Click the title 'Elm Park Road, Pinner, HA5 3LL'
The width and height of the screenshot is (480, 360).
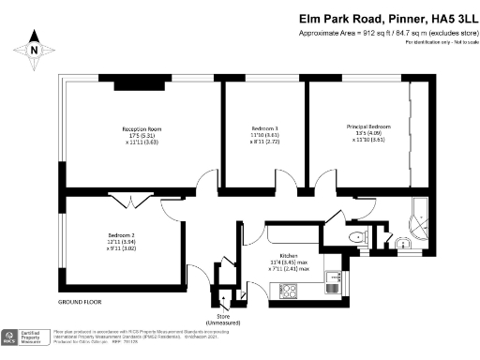pos(387,17)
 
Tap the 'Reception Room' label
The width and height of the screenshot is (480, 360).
pos(142,134)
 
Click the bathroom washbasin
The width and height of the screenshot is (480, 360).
pos(403,246)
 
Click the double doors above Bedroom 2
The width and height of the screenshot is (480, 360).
pos(124,198)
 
